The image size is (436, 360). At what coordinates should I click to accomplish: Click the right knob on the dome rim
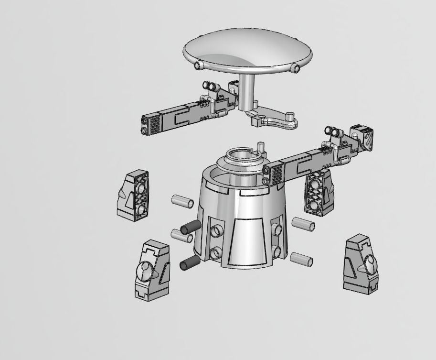click(x=297, y=68)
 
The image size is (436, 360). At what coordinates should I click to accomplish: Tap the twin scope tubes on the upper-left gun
click(x=209, y=86)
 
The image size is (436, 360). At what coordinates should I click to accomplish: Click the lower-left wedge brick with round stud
click(x=151, y=270)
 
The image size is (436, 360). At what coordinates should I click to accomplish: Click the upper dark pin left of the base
click(x=191, y=227)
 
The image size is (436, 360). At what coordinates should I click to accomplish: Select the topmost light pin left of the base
click(x=183, y=201)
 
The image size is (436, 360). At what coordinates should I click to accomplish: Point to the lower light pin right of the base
click(x=302, y=259)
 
